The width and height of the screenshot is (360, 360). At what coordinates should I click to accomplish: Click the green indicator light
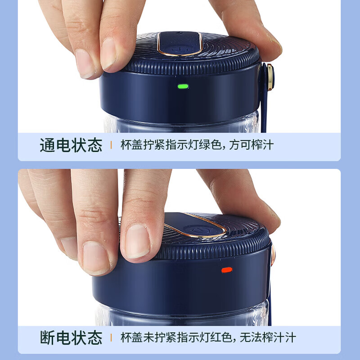[x=183, y=86]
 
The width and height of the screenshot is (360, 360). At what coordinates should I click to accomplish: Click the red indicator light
[x=226, y=270]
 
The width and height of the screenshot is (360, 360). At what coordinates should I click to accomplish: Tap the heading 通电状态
[x=71, y=146]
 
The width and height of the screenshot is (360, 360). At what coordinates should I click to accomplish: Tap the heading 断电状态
[x=71, y=337]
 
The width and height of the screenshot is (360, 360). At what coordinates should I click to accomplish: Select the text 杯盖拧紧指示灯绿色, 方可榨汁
[x=197, y=146]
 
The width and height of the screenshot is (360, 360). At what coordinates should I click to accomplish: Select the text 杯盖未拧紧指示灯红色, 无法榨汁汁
[x=208, y=337]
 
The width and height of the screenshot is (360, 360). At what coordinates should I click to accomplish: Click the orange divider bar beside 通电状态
[x=111, y=146]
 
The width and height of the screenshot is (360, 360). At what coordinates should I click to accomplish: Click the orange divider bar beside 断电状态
[x=111, y=337]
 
